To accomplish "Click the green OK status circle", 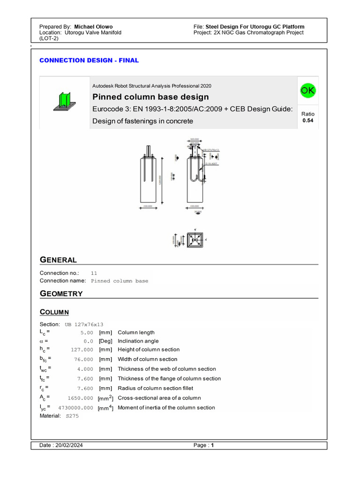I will point(307,90).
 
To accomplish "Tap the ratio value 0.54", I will point(308,120).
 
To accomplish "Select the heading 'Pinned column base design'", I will point(150,97).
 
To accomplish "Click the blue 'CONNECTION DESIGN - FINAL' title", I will point(89,60).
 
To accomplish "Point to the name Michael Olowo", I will point(93,27).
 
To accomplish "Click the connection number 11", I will point(94,273).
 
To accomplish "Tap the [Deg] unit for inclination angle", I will point(105,341).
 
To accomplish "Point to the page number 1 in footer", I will point(212,446).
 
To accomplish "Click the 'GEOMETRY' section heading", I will point(61,294).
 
